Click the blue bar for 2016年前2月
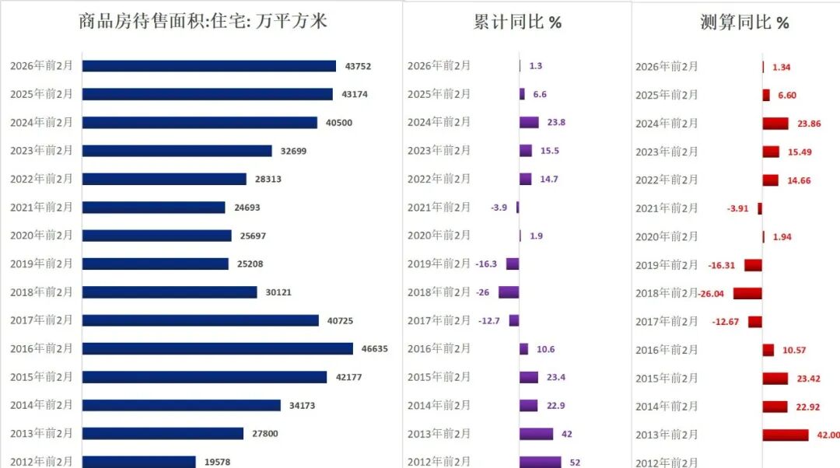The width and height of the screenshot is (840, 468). [x=218, y=348]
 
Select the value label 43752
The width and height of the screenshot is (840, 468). [x=358, y=66]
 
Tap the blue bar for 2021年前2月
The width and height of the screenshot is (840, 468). [x=154, y=208]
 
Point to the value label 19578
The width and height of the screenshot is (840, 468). [x=218, y=462]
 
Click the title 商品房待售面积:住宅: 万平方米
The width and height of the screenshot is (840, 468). [x=203, y=21]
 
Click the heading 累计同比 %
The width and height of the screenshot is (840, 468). [x=517, y=22]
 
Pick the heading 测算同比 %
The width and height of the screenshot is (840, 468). [x=744, y=23]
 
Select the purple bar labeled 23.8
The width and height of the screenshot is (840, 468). [x=529, y=122]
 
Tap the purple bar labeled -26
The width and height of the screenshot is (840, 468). [x=509, y=292]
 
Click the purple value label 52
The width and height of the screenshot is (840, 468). [x=575, y=463]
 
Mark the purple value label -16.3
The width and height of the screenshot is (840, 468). [x=487, y=264]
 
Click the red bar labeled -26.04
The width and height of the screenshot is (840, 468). [x=747, y=294]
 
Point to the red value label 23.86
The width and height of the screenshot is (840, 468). [x=804, y=124]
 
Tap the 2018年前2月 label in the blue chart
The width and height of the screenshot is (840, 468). [x=41, y=292]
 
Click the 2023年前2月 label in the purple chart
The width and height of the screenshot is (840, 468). [x=439, y=151]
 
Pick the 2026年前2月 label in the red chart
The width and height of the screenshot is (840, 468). [x=667, y=67]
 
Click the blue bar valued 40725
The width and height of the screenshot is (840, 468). [x=201, y=320]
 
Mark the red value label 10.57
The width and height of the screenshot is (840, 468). [x=794, y=351]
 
